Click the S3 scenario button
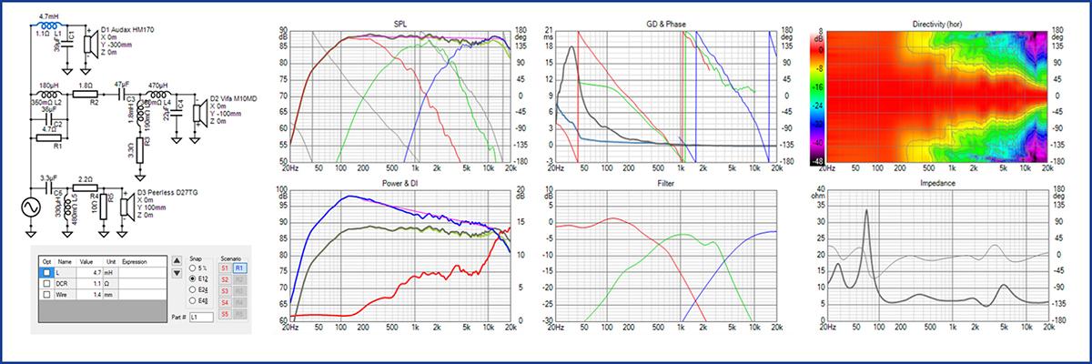pos(223,290)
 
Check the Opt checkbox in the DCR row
pos(45,283)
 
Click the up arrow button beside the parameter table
pos(176,259)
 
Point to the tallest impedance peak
pos(867,210)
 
